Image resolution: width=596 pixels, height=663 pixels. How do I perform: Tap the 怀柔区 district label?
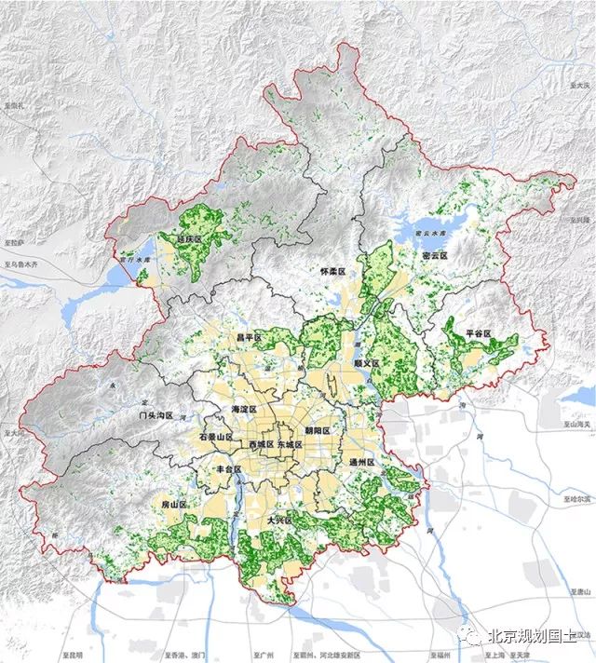[x=332, y=271]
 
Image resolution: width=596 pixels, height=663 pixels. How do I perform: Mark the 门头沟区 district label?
[x=156, y=414]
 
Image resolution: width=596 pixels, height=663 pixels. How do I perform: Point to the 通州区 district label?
[x=360, y=462]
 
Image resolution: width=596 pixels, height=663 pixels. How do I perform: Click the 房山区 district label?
[x=174, y=504]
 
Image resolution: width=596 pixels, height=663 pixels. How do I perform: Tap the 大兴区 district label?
[x=280, y=520]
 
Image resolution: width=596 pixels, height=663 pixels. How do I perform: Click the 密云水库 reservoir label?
[x=430, y=235]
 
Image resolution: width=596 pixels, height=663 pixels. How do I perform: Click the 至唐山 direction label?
[x=578, y=591]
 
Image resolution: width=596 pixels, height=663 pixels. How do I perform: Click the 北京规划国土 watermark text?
[x=535, y=637]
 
